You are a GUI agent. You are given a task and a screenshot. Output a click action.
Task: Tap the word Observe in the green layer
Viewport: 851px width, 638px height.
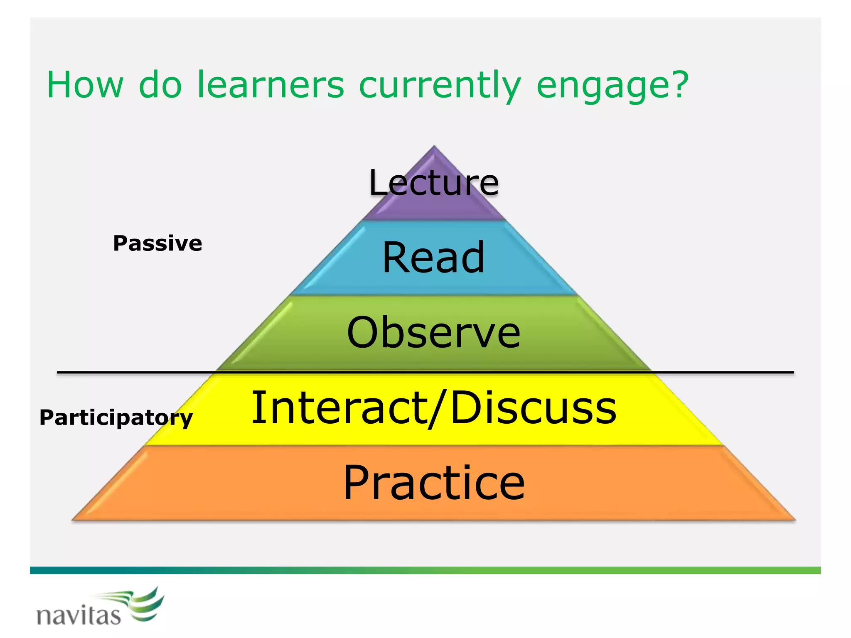[433, 332]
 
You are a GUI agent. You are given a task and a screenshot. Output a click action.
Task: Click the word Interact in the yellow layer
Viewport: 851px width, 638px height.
[339, 408]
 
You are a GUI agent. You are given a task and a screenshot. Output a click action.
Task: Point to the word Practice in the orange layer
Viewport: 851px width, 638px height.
[434, 483]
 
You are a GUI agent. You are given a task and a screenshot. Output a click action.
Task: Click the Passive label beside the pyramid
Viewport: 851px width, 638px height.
[157, 243]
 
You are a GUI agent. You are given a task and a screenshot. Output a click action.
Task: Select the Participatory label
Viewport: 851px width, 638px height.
[116, 417]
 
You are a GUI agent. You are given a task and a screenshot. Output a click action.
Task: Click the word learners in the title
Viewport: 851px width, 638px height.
[270, 85]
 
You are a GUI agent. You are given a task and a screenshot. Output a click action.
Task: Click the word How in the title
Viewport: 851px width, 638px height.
[85, 85]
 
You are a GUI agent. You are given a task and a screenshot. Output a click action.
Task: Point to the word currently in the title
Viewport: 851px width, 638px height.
[439, 85]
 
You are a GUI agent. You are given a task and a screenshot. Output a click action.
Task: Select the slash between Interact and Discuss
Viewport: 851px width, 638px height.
[438, 408]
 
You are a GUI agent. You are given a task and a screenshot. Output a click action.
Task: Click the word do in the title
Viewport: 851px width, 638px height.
[160, 85]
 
